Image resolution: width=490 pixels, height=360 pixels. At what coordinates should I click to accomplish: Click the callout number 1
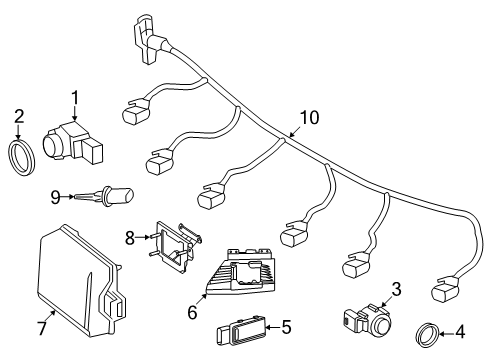click(x=75, y=98)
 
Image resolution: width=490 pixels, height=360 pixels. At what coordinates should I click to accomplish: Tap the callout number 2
click(x=19, y=117)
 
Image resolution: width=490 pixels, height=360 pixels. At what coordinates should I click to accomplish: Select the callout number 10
click(x=309, y=118)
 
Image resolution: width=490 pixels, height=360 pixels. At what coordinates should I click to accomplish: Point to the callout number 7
click(x=42, y=328)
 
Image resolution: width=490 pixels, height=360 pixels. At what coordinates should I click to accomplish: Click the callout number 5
click(x=286, y=327)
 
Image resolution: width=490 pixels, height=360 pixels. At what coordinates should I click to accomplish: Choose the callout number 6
click(x=192, y=312)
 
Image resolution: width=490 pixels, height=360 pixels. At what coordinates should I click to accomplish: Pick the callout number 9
click(x=55, y=197)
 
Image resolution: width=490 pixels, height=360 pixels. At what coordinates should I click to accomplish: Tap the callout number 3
click(x=396, y=289)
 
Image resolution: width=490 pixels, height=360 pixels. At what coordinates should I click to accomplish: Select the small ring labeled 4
click(x=426, y=335)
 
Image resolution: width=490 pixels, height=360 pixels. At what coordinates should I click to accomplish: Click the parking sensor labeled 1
click(x=73, y=144)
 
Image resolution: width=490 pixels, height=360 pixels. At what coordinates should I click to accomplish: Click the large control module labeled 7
click(x=80, y=281)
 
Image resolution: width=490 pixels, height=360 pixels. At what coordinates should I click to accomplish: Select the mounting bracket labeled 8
click(x=175, y=246)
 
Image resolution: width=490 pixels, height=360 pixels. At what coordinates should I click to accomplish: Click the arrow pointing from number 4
click(x=446, y=333)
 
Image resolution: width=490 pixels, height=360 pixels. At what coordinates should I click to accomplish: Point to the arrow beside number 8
click(x=143, y=237)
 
